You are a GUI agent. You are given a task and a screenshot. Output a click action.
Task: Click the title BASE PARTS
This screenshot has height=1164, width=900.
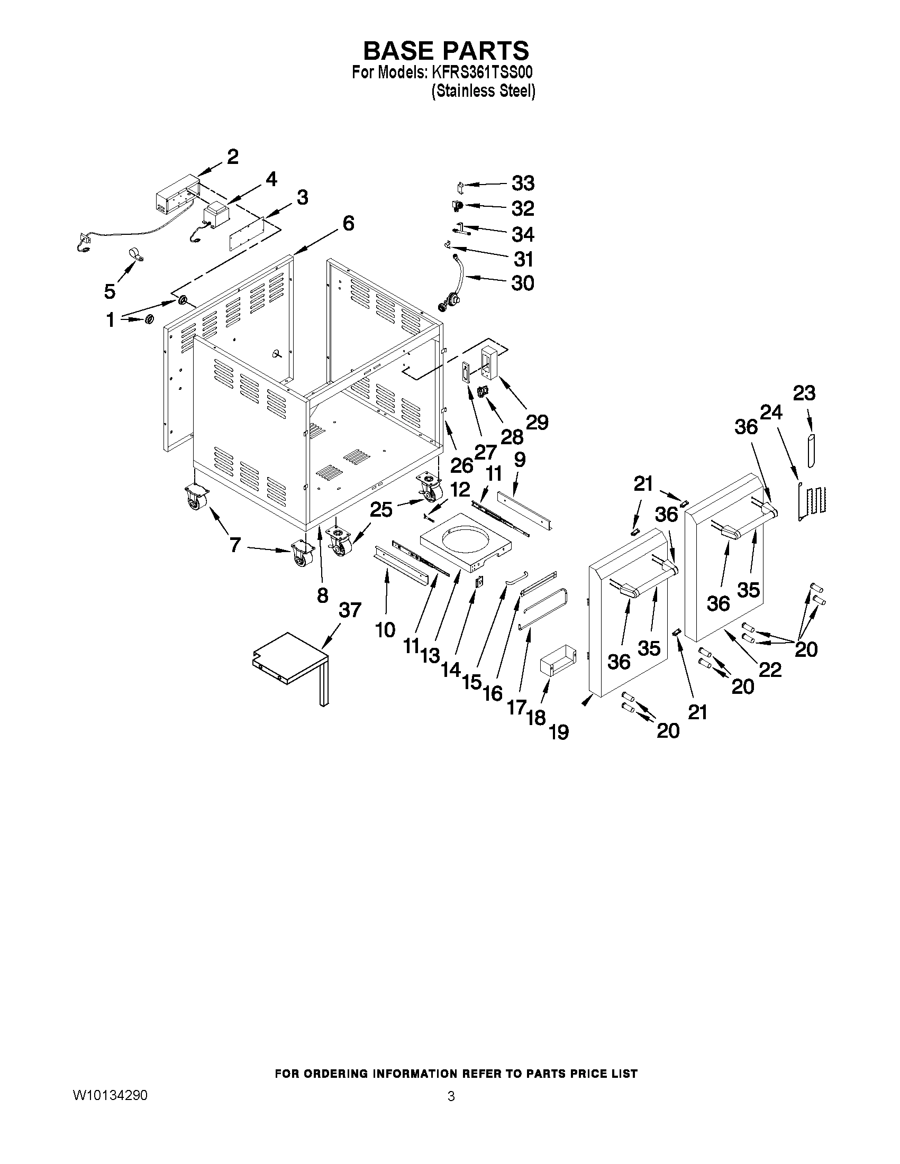point(446,51)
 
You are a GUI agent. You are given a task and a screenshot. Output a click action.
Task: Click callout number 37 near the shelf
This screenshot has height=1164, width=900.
point(350,610)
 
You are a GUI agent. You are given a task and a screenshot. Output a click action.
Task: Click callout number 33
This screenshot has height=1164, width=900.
point(523,184)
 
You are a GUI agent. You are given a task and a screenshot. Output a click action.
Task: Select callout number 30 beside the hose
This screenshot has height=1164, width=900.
point(523,283)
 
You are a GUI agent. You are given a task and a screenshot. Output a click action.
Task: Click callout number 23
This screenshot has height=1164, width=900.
point(804,393)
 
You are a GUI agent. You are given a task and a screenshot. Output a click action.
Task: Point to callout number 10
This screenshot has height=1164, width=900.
point(385,630)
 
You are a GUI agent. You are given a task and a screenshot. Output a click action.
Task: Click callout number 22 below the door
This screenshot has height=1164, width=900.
point(770,670)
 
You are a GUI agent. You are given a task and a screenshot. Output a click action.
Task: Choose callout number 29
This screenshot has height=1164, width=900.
point(537,422)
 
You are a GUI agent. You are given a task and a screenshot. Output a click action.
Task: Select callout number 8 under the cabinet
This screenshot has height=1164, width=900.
point(322,595)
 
